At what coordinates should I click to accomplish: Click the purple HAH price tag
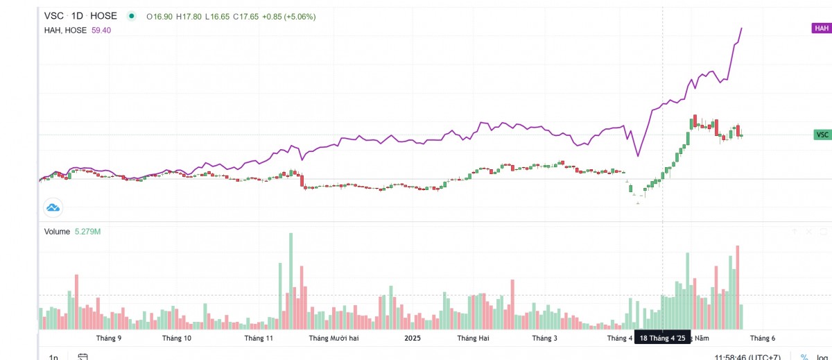[x=822, y=28]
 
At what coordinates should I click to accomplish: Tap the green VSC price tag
[x=822, y=135]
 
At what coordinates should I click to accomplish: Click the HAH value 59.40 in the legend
[x=101, y=30]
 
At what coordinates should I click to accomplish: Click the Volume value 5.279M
[x=88, y=232]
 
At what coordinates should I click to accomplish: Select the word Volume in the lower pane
[x=57, y=232]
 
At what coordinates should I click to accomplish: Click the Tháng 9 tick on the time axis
[x=109, y=338]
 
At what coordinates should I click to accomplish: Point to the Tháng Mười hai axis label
[x=333, y=338]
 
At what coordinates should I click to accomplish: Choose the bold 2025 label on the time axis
[x=413, y=338]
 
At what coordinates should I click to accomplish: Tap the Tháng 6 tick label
[x=763, y=338]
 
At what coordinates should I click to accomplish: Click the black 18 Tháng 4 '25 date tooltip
[x=663, y=338]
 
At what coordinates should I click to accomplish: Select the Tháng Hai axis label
[x=474, y=338]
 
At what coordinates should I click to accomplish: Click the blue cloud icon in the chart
[x=53, y=207]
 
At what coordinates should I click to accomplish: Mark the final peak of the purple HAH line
[x=742, y=28]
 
